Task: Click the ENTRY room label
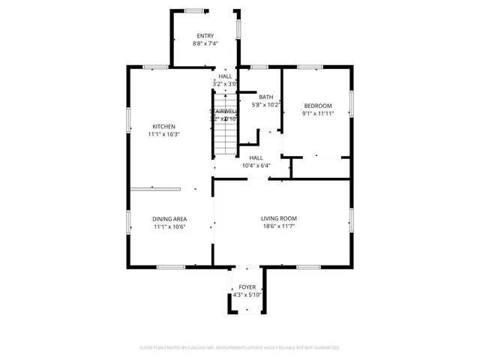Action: [x=205, y=36]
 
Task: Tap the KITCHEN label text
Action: [x=164, y=126]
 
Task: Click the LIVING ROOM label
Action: [x=279, y=218]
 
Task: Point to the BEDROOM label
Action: [x=317, y=105]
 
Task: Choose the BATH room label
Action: [x=266, y=97]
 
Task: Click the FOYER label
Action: [x=246, y=287]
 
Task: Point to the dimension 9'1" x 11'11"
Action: [x=317, y=113]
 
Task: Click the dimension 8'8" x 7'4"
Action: [x=205, y=43]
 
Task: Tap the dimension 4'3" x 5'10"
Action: [x=246, y=295]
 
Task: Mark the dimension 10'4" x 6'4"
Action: [x=256, y=166]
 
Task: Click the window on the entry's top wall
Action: [x=196, y=10]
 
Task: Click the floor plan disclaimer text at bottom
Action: [x=240, y=348]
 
